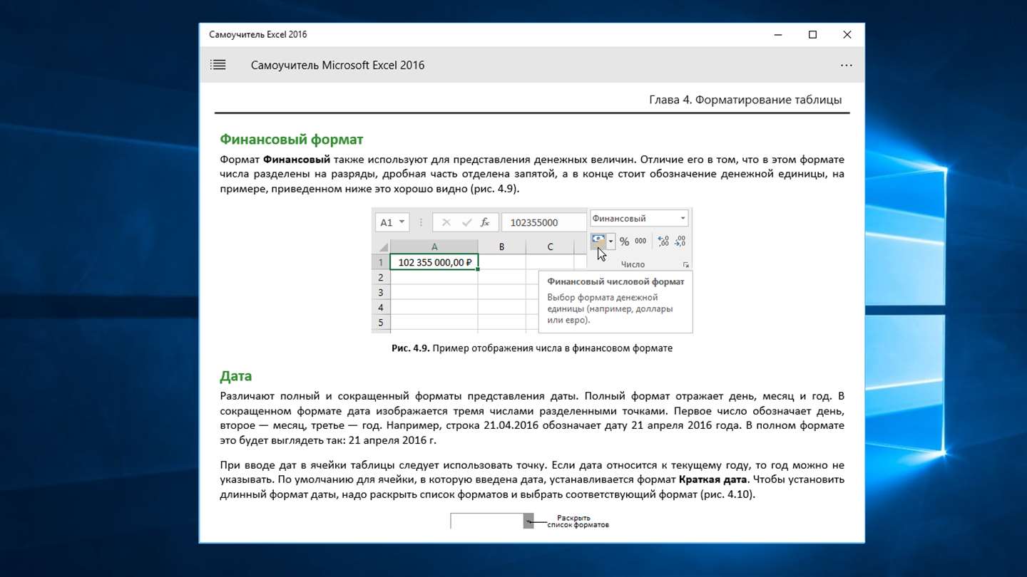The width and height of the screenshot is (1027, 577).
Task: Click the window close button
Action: (847, 35)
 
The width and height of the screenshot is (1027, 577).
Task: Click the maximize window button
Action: (812, 35)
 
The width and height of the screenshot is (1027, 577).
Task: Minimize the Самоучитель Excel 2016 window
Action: (778, 35)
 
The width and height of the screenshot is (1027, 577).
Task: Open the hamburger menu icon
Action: (218, 65)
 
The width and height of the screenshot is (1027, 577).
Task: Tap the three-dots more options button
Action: (846, 65)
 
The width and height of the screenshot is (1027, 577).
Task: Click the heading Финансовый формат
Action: (291, 139)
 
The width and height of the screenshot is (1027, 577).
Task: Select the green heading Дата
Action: (235, 375)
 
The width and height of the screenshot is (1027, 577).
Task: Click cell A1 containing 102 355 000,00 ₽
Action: (434, 262)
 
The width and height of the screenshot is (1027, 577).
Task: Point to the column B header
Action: (501, 246)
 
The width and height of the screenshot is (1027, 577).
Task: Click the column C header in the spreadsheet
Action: (550, 246)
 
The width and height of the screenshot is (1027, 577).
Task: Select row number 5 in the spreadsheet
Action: (381, 323)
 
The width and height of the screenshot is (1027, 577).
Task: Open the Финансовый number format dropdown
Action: (683, 219)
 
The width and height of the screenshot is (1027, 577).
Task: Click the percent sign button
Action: (624, 241)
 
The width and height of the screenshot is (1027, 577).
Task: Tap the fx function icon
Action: (485, 222)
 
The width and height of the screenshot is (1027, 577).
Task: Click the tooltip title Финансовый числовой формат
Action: (615, 281)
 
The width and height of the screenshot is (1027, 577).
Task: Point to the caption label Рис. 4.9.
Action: (410, 348)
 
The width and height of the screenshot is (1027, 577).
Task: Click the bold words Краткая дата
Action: (711, 479)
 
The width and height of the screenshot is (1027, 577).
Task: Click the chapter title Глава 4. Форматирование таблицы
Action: (745, 100)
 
